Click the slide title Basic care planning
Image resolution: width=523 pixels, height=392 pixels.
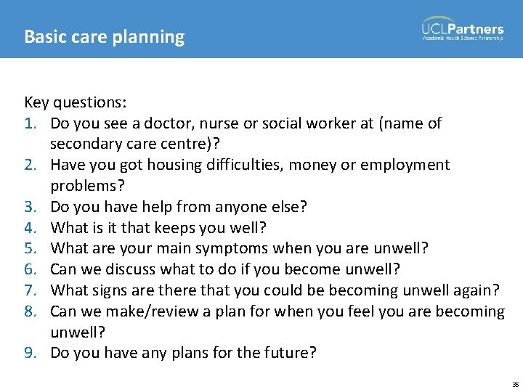(104, 36)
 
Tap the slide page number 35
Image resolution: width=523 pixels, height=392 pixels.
(515, 384)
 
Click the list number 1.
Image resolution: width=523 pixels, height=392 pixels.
(31, 123)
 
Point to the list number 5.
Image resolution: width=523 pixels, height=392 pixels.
(31, 249)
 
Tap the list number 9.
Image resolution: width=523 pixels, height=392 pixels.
(31, 354)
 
